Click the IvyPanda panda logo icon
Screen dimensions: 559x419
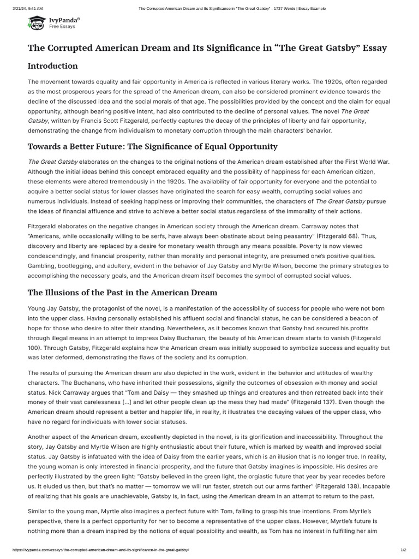(37, 22)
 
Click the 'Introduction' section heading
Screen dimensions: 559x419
(53, 66)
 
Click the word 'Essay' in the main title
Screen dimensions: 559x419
(372, 48)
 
